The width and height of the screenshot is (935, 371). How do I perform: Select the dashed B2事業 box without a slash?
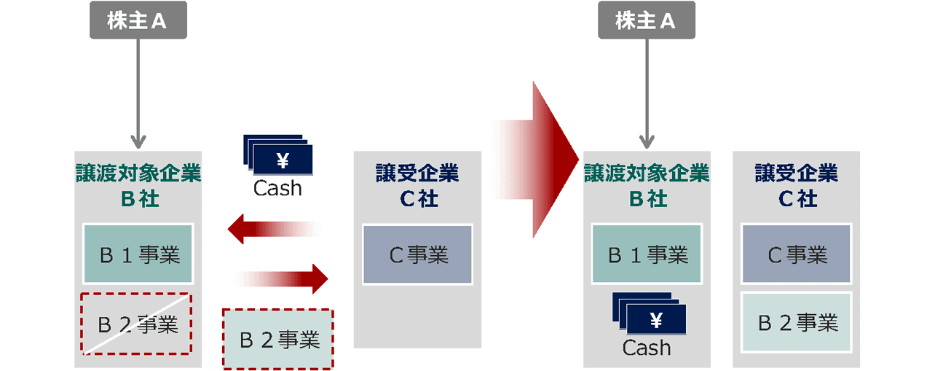277,339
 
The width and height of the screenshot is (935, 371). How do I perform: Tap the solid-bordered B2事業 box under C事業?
797,323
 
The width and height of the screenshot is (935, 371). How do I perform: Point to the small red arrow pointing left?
273,230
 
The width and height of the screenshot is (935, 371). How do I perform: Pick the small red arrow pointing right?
284,278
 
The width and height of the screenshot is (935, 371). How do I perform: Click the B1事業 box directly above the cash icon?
646,254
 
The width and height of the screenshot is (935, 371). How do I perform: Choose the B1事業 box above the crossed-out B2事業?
138,254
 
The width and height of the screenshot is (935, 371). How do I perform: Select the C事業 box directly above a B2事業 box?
797,254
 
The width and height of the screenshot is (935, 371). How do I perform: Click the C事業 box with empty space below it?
417,254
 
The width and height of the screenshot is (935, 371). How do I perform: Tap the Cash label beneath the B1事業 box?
646,348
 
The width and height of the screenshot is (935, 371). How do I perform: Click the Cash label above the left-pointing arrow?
277,188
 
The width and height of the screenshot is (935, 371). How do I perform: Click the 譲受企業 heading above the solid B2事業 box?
797,173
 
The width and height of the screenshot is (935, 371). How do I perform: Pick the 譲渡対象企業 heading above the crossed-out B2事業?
138,173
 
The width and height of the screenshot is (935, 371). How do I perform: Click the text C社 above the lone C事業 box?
417,198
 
